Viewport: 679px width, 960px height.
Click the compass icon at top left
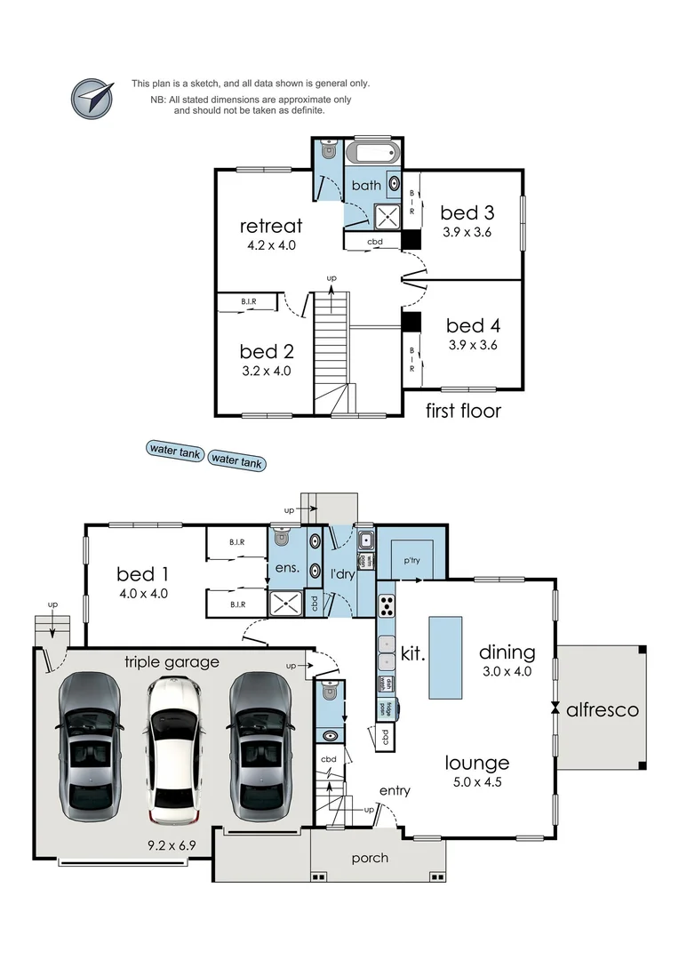click(x=93, y=98)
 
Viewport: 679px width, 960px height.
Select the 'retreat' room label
click(x=271, y=227)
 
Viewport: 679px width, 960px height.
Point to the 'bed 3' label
click(x=467, y=212)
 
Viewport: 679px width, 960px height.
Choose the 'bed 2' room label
click(x=265, y=352)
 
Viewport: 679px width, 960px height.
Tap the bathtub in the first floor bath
click(x=373, y=152)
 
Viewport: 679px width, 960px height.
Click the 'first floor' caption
click(x=463, y=411)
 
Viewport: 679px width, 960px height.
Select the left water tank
click(x=174, y=451)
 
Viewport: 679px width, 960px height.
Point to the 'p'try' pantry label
click(x=411, y=560)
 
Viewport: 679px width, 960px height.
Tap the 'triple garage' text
click(x=172, y=661)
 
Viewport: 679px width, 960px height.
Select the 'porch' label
click(x=370, y=858)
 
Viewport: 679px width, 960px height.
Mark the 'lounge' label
click(x=477, y=763)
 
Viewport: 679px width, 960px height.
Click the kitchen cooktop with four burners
click(x=387, y=606)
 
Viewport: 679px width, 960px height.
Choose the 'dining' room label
click(x=506, y=652)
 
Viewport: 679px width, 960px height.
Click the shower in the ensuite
click(x=286, y=604)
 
